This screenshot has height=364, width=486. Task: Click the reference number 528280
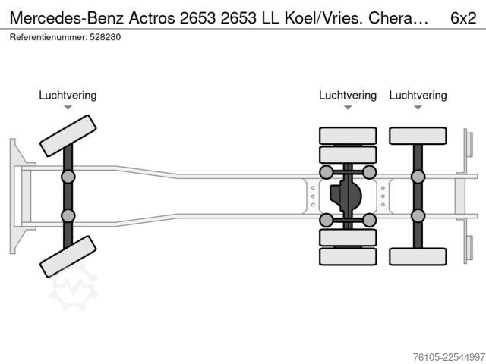coord(105,37)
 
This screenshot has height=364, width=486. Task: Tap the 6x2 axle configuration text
coord(463,18)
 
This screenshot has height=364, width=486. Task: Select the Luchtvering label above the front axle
coord(68,96)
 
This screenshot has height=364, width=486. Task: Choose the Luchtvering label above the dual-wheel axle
coord(348,96)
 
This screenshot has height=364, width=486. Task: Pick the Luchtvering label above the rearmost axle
coord(418,96)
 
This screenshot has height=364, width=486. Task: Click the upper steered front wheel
coord(68,136)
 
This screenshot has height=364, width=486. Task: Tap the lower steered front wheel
coord(68,256)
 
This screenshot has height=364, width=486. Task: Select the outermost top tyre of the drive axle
coord(348,136)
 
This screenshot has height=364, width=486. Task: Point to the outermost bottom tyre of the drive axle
coord(348,256)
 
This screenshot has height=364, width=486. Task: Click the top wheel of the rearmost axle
coord(418,136)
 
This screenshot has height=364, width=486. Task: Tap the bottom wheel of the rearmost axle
coord(418,256)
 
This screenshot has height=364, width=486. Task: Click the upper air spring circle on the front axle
coord(68,177)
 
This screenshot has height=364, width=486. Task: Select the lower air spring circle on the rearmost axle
coord(418,215)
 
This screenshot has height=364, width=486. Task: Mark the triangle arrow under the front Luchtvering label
coord(68,108)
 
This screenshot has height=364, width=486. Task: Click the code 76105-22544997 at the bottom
coord(449,357)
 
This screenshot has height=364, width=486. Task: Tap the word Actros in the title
coord(152,18)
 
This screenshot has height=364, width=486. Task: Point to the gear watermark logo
coord(74,287)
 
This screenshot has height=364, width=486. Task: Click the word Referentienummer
coord(49,37)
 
